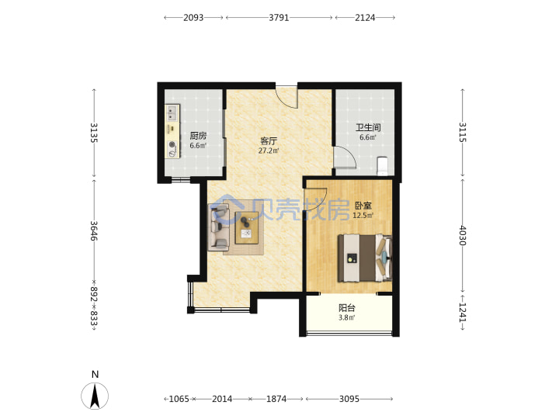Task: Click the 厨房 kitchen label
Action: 198,136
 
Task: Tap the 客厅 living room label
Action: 269,141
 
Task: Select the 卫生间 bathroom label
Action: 368,127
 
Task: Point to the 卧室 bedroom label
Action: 363,206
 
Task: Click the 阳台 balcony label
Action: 346,308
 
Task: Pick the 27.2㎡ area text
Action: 269,151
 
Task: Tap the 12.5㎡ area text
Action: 363,216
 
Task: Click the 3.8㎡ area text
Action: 346,317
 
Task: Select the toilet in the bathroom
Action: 382,166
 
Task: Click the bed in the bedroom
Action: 365,258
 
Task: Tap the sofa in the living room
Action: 218,227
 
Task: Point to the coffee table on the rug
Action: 246,227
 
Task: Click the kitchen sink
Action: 172,113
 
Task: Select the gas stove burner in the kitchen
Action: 172,144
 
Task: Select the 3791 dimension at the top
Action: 279,17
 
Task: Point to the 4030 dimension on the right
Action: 463,236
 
